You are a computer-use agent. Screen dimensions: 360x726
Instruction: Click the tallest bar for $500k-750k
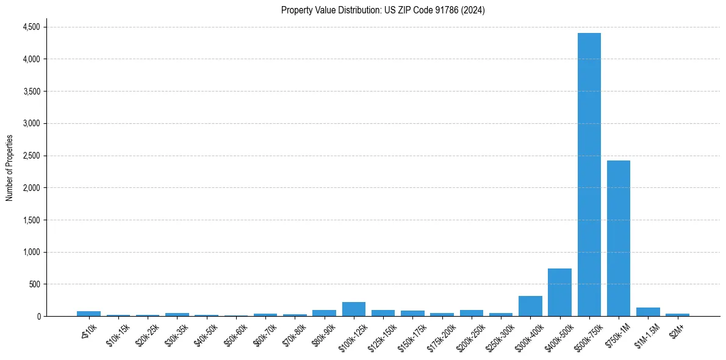tap(589, 175)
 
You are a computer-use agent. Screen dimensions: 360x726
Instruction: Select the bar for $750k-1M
tap(618, 238)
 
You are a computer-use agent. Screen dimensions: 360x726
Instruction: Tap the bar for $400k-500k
tap(559, 292)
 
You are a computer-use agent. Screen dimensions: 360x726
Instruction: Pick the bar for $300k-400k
tap(530, 306)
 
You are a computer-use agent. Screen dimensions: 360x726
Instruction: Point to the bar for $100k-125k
tap(354, 309)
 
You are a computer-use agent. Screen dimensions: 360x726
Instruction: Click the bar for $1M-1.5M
tap(648, 312)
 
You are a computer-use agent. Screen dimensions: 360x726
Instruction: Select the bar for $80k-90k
tap(324, 313)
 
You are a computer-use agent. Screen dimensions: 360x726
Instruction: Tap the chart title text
tap(383, 10)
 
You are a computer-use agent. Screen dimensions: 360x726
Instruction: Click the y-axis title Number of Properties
tap(10, 168)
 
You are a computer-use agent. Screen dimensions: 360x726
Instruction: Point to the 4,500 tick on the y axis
tap(31, 27)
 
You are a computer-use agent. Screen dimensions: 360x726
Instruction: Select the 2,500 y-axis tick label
tap(31, 156)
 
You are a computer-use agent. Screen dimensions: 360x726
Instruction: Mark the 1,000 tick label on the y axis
tap(31, 252)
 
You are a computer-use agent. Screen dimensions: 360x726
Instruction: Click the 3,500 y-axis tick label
tap(31, 92)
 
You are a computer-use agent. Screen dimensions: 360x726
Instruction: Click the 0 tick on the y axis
tap(38, 316)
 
